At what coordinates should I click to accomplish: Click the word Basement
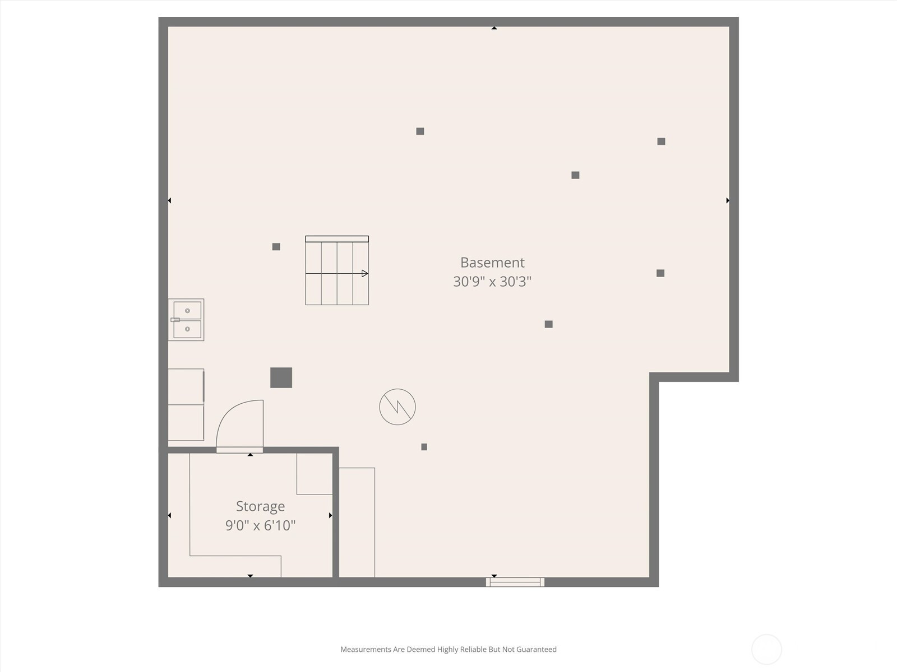492,263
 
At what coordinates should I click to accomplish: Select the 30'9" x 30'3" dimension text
492,282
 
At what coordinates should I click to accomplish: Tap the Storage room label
260,507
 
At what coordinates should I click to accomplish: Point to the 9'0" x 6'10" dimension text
260,525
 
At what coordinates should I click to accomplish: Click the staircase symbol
337,270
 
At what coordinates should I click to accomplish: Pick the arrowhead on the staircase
365,273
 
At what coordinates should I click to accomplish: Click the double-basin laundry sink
186,320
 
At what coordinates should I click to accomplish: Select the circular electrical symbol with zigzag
397,407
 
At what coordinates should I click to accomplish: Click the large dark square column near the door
281,378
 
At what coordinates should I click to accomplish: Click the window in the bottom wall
515,582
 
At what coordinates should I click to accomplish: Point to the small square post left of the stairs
276,247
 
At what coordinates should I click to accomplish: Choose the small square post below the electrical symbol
424,447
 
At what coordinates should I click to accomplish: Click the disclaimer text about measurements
449,649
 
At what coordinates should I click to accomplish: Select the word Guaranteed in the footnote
536,649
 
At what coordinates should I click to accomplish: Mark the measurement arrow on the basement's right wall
728,200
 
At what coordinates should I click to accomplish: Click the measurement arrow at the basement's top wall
494,28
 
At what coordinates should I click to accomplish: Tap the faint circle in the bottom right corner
766,650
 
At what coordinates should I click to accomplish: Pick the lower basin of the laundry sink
187,329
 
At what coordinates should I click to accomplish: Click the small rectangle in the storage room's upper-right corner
315,474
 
